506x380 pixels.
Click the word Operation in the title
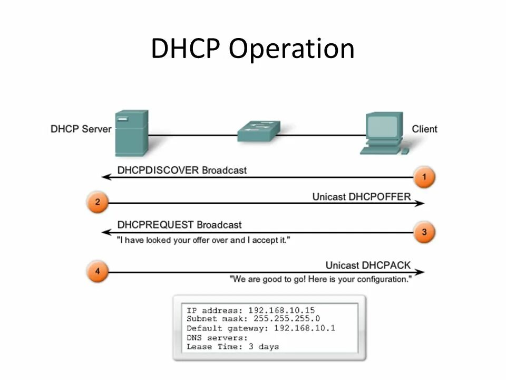coord(291,49)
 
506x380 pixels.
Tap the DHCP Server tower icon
coord(131,133)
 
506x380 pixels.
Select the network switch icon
coord(258,131)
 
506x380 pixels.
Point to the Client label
coord(424,129)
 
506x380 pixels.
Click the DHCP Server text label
coord(81,129)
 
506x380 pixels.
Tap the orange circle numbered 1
coord(424,177)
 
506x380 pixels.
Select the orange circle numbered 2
coord(98,203)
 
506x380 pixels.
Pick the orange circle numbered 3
coord(424,232)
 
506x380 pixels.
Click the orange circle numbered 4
coord(98,272)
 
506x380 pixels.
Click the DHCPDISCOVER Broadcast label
coord(182,170)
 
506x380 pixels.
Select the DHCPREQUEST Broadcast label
coord(179,225)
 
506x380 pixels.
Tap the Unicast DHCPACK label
coord(375,265)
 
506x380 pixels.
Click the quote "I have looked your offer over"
coord(203,240)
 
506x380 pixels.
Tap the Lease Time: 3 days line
coord(232,347)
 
